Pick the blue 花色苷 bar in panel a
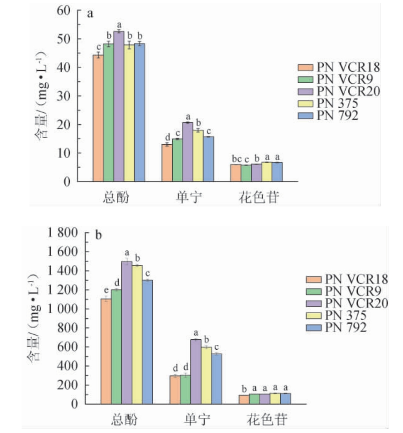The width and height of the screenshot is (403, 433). pyautogui.click(x=277, y=172)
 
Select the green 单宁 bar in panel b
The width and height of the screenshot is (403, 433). pyautogui.click(x=185, y=389)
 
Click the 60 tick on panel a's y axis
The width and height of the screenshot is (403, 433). pyautogui.click(x=65, y=10)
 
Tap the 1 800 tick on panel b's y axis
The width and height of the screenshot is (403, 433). pyautogui.click(x=65, y=233)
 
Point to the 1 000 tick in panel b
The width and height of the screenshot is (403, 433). pyautogui.click(x=65, y=309)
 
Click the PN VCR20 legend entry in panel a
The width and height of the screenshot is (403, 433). pyautogui.click(x=339, y=91)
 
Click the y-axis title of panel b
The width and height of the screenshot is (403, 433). pyautogui.click(x=37, y=319)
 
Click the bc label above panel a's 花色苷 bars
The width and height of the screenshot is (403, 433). pyautogui.click(x=236, y=160)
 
